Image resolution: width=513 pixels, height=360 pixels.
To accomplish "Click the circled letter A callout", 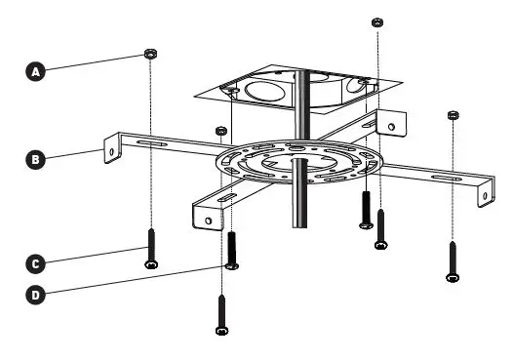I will click(x=37, y=71).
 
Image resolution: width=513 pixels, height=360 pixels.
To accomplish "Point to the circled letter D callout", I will click(x=37, y=292).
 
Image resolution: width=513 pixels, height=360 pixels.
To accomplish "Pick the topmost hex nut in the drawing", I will click(x=376, y=20).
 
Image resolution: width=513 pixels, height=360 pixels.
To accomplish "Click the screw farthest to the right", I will click(x=452, y=260).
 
